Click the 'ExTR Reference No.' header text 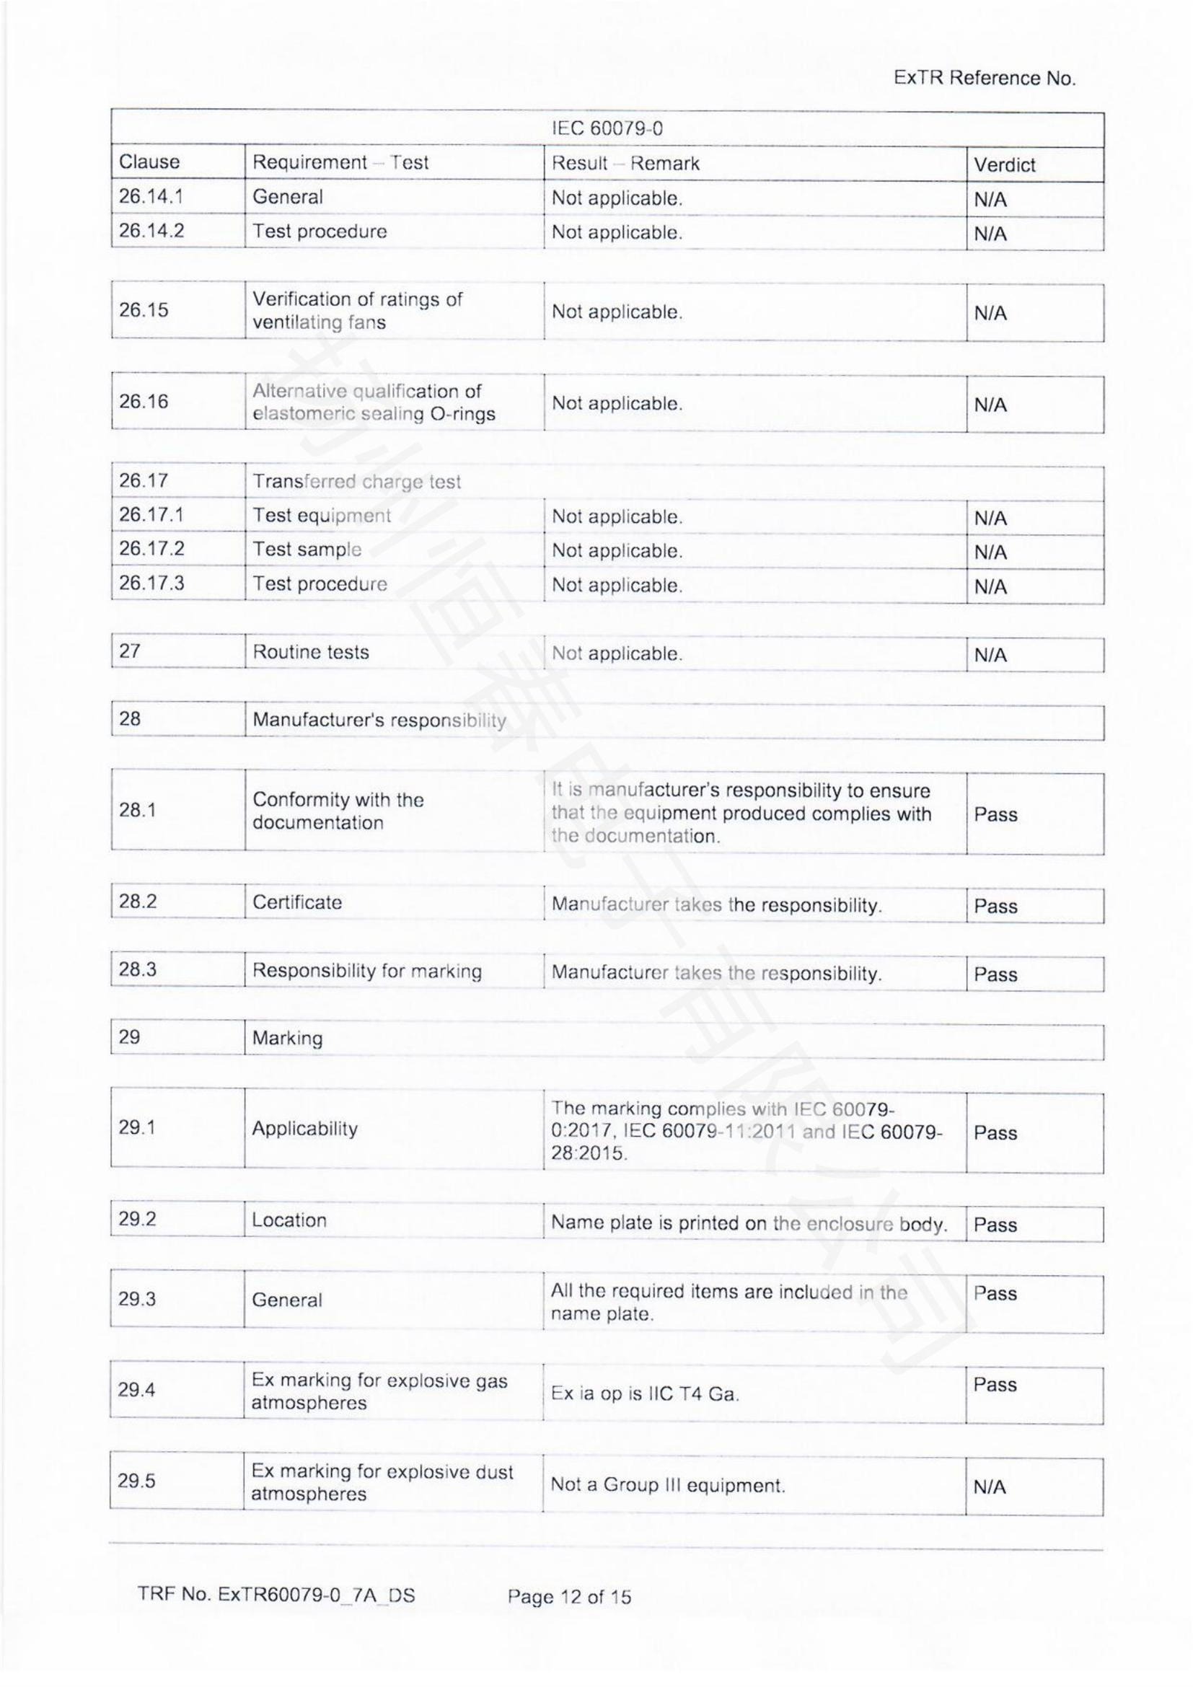pyautogui.click(x=984, y=79)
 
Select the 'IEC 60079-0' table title pyautogui.click(x=607, y=128)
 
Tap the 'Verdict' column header pyautogui.click(x=1004, y=164)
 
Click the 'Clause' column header pyautogui.click(x=149, y=162)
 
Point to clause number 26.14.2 pyautogui.click(x=151, y=231)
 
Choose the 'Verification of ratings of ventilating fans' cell pyautogui.click(x=358, y=311)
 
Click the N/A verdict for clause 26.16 pyautogui.click(x=990, y=405)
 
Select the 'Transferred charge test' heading pyautogui.click(x=356, y=481)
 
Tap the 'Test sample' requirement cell pyautogui.click(x=307, y=550)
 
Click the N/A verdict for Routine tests pyautogui.click(x=990, y=655)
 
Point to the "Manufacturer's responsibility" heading pyautogui.click(x=379, y=720)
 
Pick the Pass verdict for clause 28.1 pyautogui.click(x=995, y=814)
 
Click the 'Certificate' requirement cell pyautogui.click(x=296, y=902)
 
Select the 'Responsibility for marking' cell pyautogui.click(x=366, y=971)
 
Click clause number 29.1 pyautogui.click(x=137, y=1127)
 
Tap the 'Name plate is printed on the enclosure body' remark pyautogui.click(x=749, y=1223)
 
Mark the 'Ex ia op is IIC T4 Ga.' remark pyautogui.click(x=645, y=1394)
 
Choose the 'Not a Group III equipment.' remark pyautogui.click(x=668, y=1485)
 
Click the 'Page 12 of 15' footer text pyautogui.click(x=568, y=1596)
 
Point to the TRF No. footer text pyautogui.click(x=276, y=1595)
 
